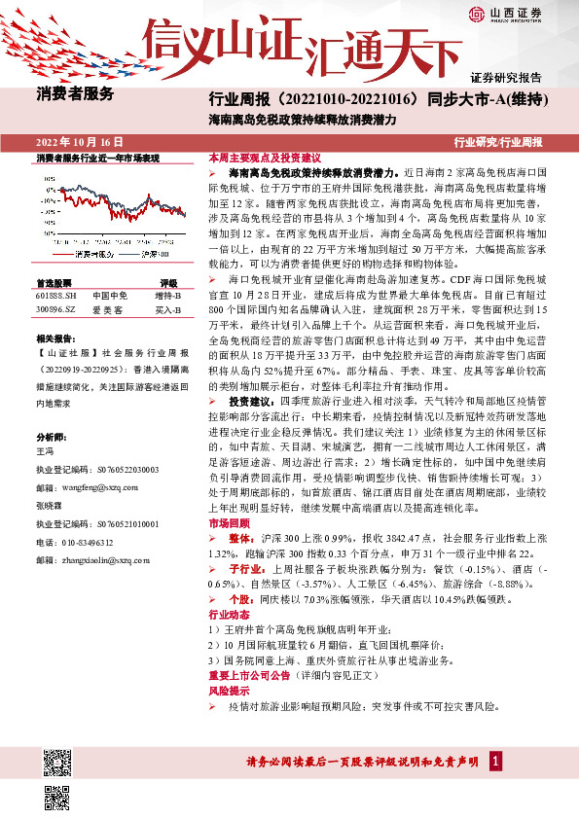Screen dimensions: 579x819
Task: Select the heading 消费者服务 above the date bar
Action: [76, 94]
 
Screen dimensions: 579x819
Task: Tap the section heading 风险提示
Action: [225, 690]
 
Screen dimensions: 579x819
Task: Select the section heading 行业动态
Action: [225, 616]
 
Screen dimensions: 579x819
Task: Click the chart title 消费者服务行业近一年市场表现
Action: [97, 157]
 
